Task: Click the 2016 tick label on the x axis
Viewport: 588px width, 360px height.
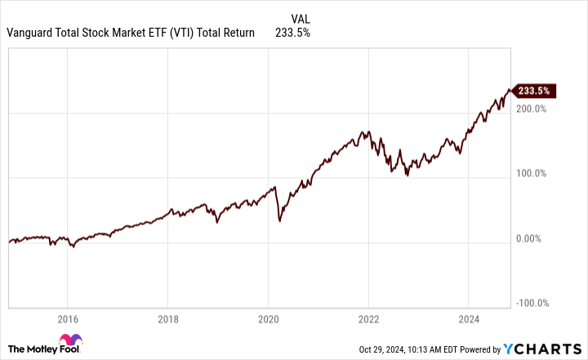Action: [68, 320]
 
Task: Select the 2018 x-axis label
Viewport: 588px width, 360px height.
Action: [168, 320]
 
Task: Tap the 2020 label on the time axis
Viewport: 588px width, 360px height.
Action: [269, 320]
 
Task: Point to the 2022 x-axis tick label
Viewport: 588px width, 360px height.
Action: [369, 320]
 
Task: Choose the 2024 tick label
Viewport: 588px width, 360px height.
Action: [469, 320]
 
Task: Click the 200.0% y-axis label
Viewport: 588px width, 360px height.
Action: [531, 109]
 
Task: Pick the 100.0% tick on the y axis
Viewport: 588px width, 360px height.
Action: [531, 173]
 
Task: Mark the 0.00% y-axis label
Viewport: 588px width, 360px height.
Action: [532, 238]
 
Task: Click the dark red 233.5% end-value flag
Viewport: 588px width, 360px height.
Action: [537, 91]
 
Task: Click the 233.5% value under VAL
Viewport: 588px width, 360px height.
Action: [294, 33]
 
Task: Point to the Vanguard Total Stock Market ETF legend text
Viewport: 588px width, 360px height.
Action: [130, 33]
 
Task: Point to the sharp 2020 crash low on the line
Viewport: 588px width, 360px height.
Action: [280, 221]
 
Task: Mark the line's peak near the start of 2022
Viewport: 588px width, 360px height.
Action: [369, 131]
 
